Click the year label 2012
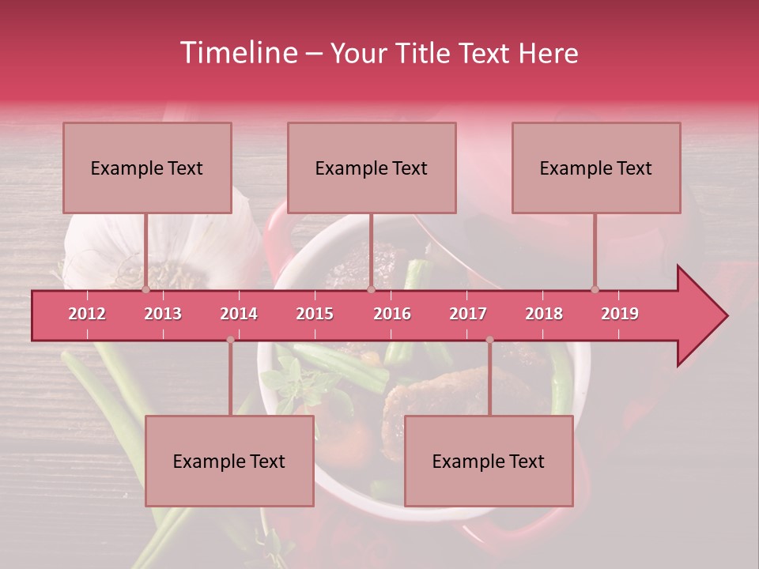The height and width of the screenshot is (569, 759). point(87,314)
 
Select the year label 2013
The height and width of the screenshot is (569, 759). point(163,314)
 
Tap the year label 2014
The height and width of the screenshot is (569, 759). point(239,314)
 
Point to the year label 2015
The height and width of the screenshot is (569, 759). point(315,314)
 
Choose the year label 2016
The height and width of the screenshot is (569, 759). point(392,314)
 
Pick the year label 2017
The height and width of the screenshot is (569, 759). point(468,314)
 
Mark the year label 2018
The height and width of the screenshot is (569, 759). point(544,314)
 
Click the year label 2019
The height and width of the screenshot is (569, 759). point(620,314)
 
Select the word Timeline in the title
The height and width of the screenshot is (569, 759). point(237,53)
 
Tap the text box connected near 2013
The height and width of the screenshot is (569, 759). point(147,168)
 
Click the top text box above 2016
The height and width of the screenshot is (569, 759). point(372,168)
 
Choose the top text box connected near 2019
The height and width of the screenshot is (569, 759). point(596,168)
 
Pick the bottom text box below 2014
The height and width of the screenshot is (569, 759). point(229,461)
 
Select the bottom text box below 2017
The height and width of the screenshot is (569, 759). point(489,461)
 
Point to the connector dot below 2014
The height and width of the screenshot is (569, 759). point(230,340)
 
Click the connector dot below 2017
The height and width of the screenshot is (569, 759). point(489,340)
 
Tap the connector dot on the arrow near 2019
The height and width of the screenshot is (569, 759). point(595,289)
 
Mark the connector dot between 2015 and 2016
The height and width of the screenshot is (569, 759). point(371,289)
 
